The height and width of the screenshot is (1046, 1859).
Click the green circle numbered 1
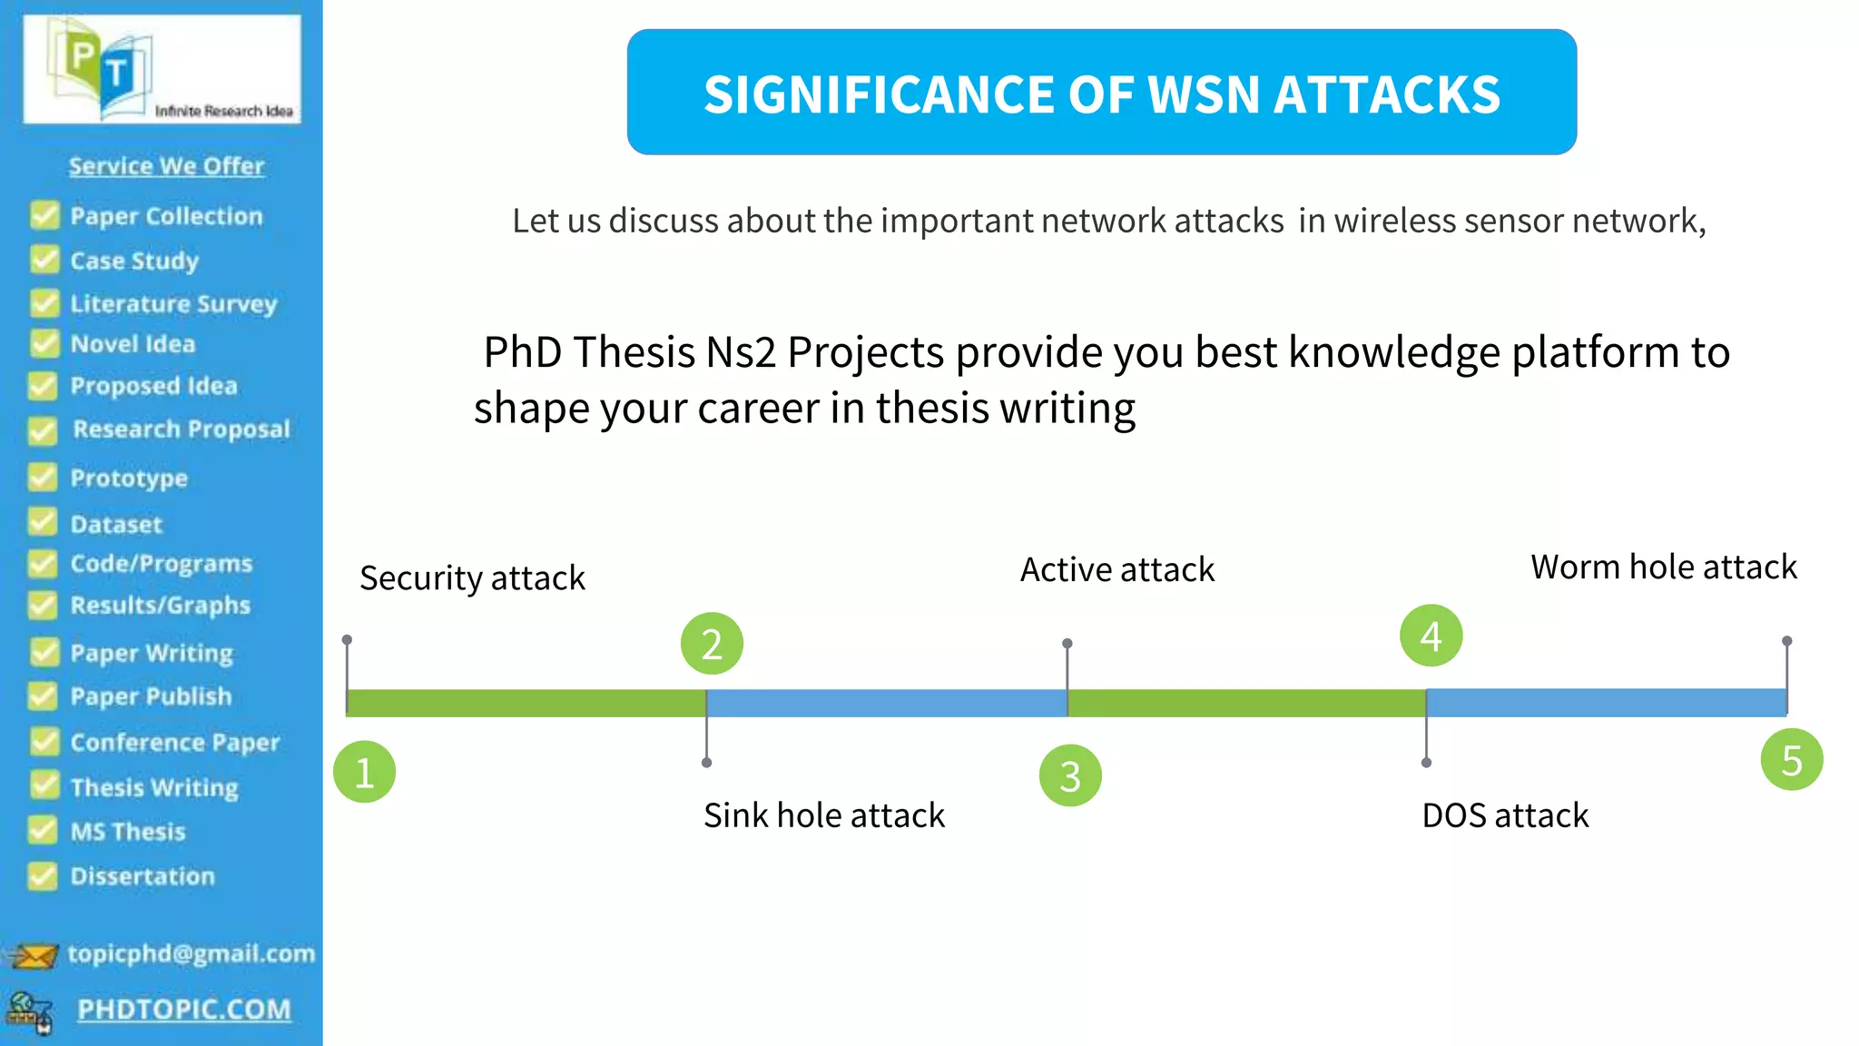364,773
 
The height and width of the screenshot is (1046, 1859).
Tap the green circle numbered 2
712,644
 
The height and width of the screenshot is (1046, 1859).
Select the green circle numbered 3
1070,775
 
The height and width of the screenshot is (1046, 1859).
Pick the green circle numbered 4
1431,636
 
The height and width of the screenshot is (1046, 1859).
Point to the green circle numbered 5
1791,760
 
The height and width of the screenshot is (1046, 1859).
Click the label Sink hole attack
823,815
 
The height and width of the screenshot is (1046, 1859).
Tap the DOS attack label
1505,815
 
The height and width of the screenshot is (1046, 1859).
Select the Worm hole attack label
1663,567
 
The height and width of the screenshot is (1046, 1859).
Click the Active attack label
1116,570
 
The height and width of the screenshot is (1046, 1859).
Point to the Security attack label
472,578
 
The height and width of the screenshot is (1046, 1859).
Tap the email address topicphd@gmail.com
191,953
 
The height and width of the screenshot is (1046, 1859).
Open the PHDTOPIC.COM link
184,1009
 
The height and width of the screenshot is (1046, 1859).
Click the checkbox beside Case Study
44,260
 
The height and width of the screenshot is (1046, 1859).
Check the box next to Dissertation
43,875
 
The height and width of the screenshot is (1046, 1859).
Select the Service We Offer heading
166,166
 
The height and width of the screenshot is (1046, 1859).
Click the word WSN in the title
1204,94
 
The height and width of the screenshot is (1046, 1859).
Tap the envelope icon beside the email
34,955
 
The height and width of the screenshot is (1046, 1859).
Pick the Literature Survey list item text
173,303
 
